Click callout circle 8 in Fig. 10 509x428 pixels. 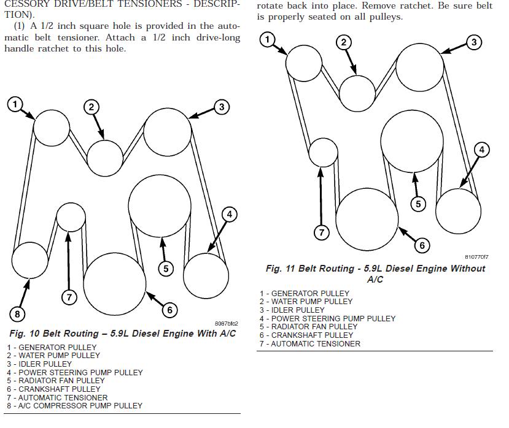click(17, 314)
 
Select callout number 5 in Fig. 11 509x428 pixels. click(418, 204)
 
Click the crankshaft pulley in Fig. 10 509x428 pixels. click(115, 283)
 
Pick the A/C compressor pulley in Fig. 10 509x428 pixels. click(29, 260)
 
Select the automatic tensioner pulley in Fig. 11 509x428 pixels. click(324, 152)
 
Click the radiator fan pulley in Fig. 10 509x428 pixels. click(160, 205)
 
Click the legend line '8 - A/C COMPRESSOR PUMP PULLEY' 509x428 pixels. click(75, 406)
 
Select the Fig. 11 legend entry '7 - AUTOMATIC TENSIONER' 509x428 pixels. click(310, 344)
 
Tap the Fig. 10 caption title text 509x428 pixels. click(122, 334)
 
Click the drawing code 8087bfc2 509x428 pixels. click(226, 324)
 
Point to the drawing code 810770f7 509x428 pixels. click(476, 258)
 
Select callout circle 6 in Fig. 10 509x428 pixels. click(170, 310)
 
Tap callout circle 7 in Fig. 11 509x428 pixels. click(322, 232)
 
